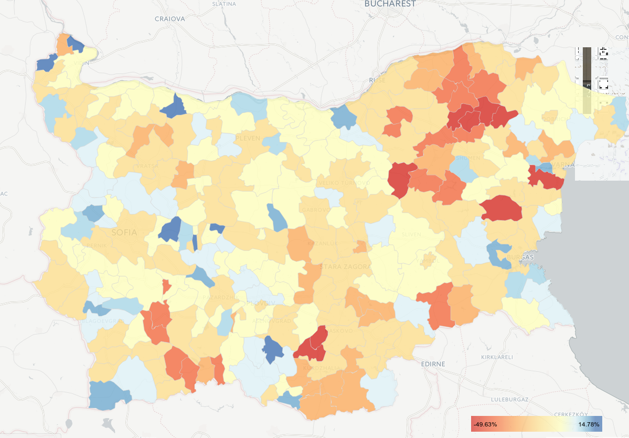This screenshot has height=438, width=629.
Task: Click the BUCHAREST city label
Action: coord(390,4)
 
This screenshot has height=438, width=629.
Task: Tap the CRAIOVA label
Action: coord(170,19)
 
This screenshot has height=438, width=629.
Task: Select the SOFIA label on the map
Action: coord(124,232)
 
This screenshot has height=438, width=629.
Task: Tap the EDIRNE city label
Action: coord(433,364)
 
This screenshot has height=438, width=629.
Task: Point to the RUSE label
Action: coord(377,80)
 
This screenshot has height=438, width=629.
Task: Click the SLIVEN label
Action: coord(411,234)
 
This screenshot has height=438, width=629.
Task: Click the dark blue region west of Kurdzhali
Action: coord(272,349)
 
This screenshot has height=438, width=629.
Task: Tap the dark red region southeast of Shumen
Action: coord(502,208)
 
